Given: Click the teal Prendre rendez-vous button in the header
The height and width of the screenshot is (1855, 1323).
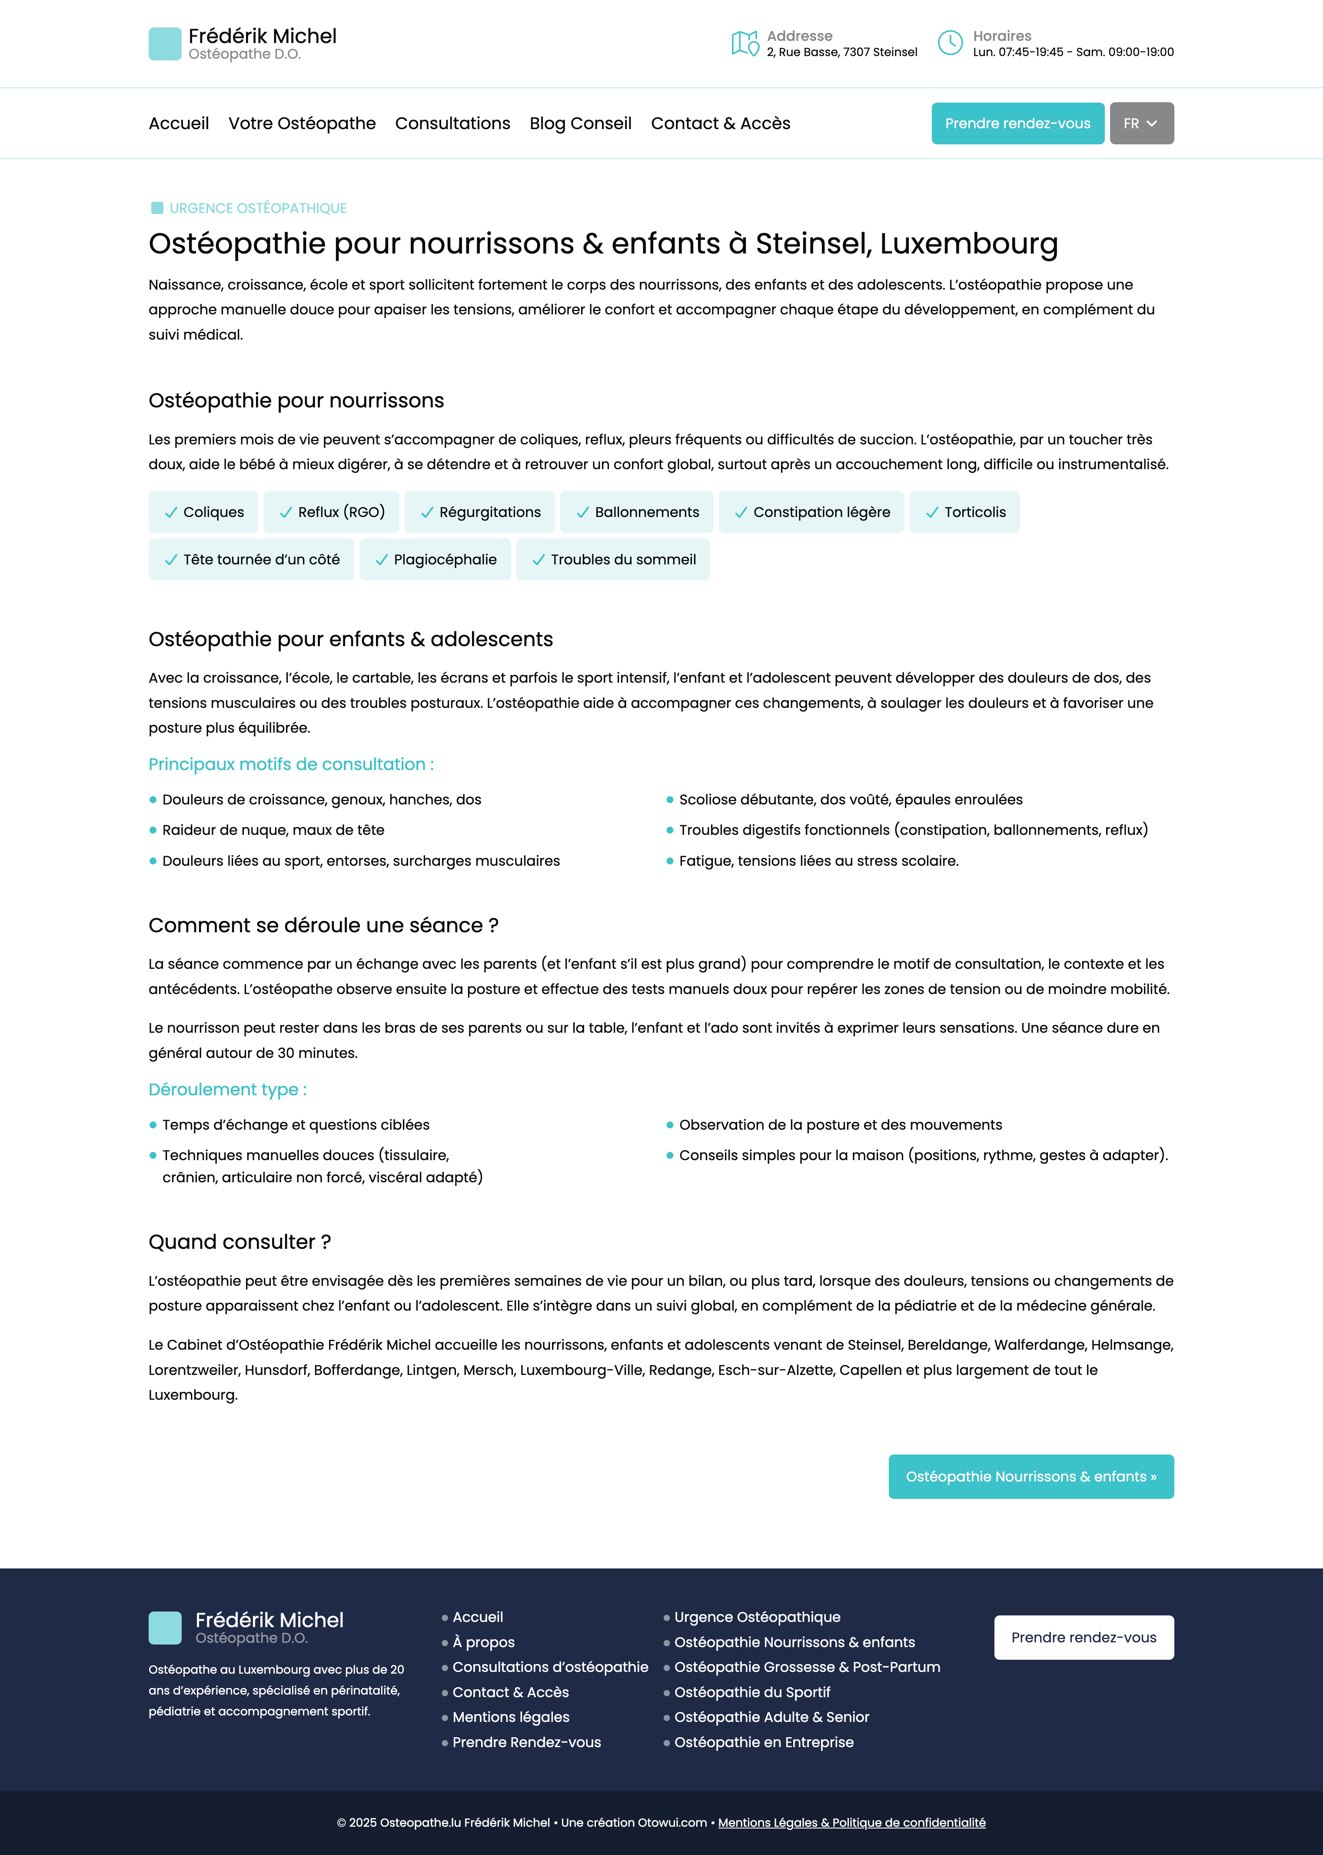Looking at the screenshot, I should point(1017,123).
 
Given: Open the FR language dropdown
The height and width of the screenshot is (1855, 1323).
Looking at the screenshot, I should point(1140,123).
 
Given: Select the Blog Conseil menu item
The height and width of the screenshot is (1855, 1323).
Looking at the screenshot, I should point(580,123).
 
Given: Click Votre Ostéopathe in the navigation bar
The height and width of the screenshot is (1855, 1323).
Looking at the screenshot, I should point(302,123).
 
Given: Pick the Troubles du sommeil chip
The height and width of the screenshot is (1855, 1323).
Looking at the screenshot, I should point(613,559).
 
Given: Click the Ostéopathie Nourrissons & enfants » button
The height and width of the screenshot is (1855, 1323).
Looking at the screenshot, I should point(1030,1476).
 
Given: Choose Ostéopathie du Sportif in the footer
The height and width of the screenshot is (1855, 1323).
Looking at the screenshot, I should point(752,1692).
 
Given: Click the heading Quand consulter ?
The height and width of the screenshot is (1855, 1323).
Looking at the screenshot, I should point(239,1241).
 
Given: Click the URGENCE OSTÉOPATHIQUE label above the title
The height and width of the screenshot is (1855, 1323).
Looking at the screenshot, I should point(257,208).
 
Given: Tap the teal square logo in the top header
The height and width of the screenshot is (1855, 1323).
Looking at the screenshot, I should point(165,44).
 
